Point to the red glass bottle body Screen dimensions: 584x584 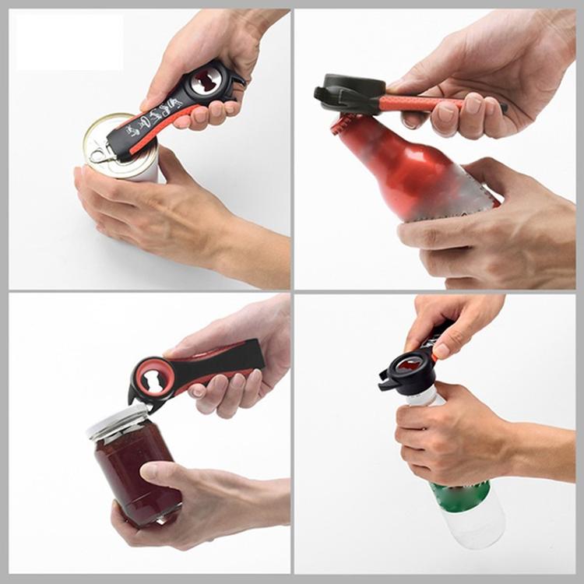(x=420, y=171)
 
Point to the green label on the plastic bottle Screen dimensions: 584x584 (x=459, y=495)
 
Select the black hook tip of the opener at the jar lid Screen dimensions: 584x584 (x=136, y=400)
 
